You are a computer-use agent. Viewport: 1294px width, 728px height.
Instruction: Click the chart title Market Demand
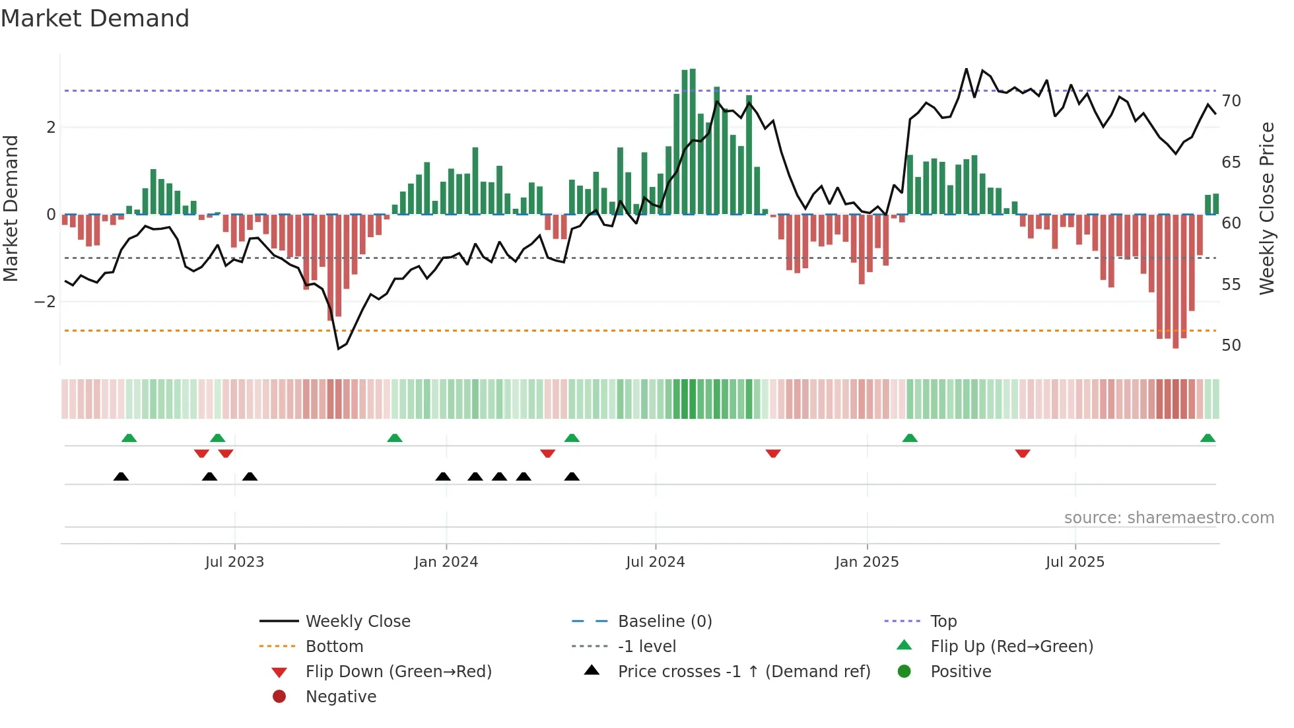point(95,18)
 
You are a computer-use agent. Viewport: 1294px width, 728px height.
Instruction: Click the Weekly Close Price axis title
point(1266,208)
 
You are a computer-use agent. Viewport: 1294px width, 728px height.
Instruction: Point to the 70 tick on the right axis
point(1231,101)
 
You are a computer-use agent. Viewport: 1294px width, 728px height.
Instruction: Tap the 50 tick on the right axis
point(1231,346)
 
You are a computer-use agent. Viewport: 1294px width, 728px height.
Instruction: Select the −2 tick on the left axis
point(45,302)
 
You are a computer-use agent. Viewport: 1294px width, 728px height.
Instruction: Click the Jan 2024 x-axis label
point(446,562)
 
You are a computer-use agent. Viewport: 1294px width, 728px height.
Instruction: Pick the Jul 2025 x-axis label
point(1074,562)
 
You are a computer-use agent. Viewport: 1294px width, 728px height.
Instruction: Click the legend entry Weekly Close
point(357,622)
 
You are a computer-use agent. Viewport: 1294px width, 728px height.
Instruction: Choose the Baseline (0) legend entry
point(664,622)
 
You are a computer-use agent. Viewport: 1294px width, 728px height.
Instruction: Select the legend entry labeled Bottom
point(334,647)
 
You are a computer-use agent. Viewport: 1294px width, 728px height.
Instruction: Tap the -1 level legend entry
point(646,647)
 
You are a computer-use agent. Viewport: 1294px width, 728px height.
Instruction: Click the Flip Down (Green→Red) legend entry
point(398,672)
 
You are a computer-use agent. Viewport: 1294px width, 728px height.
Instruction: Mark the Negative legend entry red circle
point(279,697)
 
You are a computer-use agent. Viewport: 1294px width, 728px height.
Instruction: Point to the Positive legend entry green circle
point(904,672)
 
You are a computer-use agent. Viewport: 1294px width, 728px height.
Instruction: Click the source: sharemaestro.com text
point(1169,518)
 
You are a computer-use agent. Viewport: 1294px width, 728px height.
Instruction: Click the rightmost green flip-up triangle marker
point(1208,439)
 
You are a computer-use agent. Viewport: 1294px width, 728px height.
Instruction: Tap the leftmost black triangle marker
point(121,477)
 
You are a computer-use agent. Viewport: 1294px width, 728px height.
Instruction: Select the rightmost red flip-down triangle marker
point(1023,453)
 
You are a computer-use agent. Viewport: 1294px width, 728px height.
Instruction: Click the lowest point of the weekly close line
point(339,348)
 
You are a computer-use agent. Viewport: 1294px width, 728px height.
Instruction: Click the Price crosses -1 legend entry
point(743,672)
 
